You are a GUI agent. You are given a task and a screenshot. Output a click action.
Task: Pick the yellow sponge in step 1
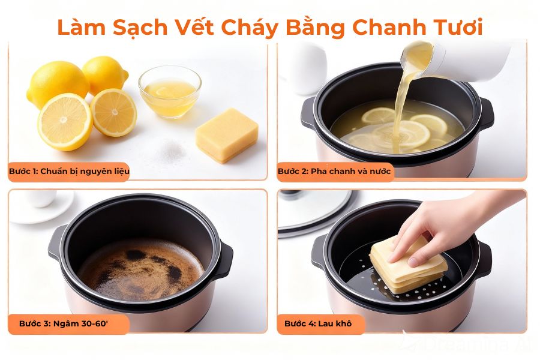point(227,135)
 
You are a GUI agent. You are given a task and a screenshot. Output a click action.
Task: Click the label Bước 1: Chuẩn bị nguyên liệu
point(69,172)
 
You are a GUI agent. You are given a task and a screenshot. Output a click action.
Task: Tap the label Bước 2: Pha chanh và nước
point(334,172)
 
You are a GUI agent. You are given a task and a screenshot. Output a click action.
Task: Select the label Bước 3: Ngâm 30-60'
point(63,323)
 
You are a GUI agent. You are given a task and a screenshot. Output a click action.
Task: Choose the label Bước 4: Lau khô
point(317,323)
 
